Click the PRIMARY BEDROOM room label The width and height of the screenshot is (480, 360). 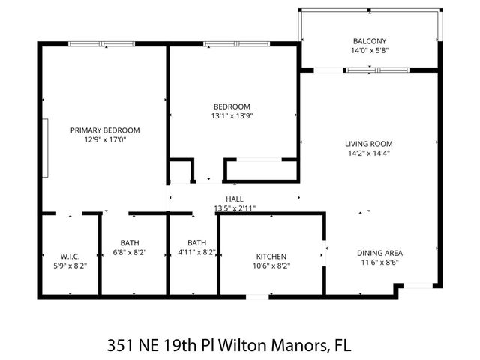tap(105, 130)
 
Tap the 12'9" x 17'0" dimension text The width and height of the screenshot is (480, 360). tap(105, 139)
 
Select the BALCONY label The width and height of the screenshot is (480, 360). tap(370, 41)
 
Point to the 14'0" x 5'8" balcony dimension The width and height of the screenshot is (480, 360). tap(370, 52)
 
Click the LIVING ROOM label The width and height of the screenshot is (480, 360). tap(369, 143)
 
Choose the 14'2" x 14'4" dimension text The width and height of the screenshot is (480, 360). tap(369, 154)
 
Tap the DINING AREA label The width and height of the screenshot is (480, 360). tap(379, 253)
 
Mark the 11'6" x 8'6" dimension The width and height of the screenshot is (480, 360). tap(379, 263)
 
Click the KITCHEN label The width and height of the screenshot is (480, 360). tap(271, 256)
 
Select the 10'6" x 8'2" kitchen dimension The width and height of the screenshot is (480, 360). tap(271, 265)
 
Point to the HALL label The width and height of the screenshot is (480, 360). tap(234, 199)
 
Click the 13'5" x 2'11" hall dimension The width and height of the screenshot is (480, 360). tap(234, 208)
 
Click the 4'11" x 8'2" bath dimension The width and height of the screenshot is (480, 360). tap(196, 253)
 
